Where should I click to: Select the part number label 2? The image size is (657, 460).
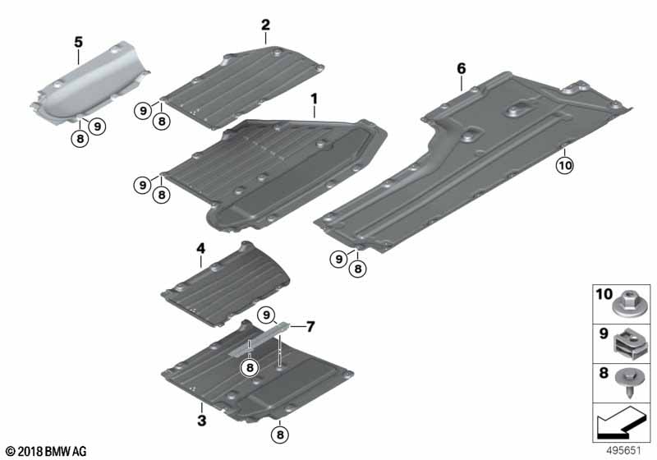265,25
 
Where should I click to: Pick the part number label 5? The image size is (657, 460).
78,41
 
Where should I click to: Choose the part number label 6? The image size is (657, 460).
462,70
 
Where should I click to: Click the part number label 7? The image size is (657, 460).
310,326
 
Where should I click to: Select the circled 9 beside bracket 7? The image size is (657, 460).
265,314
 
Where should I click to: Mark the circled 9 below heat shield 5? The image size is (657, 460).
97,126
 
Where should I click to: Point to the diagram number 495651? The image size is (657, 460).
628,451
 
